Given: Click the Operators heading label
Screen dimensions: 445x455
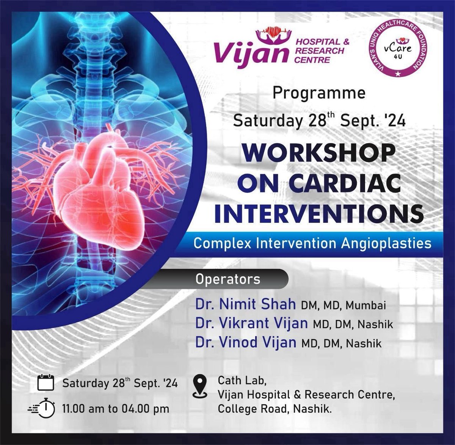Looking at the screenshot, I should [227, 279].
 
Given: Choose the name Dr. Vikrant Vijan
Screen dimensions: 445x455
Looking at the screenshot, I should [251, 323].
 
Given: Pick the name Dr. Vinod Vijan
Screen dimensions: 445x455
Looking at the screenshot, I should [245, 342].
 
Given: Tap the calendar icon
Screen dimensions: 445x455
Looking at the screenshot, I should [46, 382].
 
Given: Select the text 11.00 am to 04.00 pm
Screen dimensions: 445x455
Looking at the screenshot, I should [116, 409].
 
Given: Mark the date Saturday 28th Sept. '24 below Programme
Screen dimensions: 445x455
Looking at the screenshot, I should [319, 122].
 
